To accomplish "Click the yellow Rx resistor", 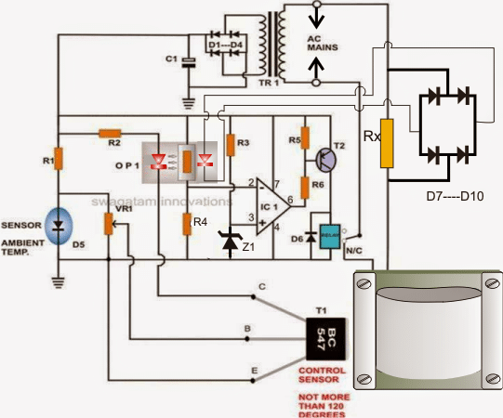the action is click(387, 143).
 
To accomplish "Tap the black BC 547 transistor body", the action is click(326, 339).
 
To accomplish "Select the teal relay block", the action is click(330, 236).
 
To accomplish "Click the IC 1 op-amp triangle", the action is click(273, 207).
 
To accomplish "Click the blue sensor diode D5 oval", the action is click(59, 226).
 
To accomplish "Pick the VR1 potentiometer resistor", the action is click(109, 224).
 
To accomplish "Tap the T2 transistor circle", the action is click(326, 160).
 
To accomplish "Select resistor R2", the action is click(110, 134).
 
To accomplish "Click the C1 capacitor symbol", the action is click(189, 62).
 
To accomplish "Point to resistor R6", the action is click(305, 188).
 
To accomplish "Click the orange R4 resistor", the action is click(187, 224).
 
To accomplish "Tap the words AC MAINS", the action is click(323, 44).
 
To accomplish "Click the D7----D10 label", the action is click(455, 196).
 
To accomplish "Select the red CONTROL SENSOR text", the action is click(322, 374).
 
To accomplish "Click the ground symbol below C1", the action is click(189, 103).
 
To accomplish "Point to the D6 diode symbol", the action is click(311, 237).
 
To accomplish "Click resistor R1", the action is click(58, 159).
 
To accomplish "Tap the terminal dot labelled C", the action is click(253, 297).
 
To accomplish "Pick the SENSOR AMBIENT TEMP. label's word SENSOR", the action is click(21, 225).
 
